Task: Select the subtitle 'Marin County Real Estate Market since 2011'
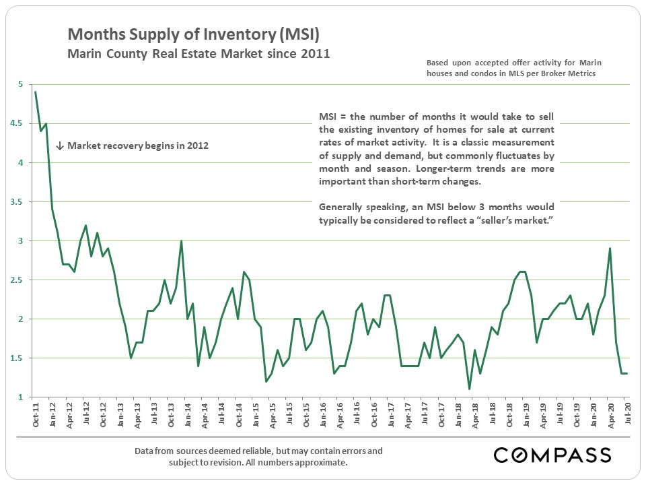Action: pyautogui.click(x=199, y=53)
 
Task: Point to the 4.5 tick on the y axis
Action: pyautogui.click(x=22, y=123)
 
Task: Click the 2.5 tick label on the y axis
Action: pyautogui.click(x=22, y=280)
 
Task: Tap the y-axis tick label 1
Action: pyautogui.click(x=22, y=397)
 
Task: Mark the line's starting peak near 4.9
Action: pyautogui.click(x=36, y=92)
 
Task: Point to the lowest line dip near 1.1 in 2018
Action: pyautogui.click(x=470, y=389)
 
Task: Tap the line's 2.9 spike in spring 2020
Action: pyautogui.click(x=610, y=249)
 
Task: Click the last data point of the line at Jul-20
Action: pyautogui.click(x=627, y=373)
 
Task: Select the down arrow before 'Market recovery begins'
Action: pyautogui.click(x=59, y=145)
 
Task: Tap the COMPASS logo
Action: pyautogui.click(x=552, y=455)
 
